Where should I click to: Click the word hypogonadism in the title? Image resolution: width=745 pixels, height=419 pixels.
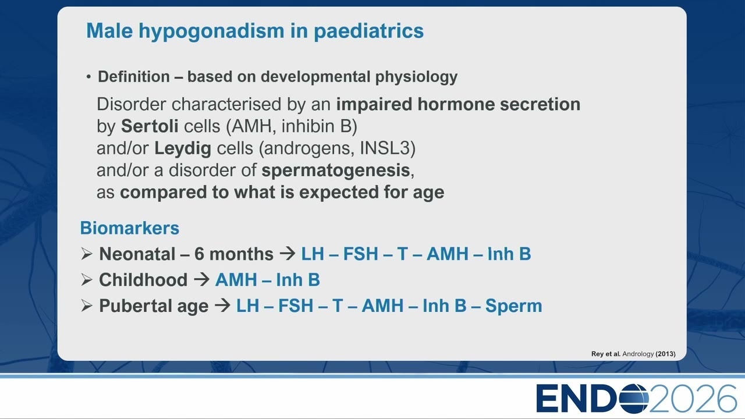click(211, 31)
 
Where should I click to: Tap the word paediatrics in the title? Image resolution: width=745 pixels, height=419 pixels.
click(368, 31)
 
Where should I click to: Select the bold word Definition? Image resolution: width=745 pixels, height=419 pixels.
click(134, 76)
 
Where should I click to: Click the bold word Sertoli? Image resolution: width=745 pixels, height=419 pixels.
click(150, 126)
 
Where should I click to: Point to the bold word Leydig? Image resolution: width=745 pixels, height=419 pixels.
click(183, 148)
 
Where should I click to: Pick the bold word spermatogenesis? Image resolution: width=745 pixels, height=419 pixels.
click(336, 171)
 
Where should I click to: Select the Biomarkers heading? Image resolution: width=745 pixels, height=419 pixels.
click(130, 228)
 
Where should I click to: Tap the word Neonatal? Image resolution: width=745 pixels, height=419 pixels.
click(136, 254)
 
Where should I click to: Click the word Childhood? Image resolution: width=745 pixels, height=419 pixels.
click(143, 279)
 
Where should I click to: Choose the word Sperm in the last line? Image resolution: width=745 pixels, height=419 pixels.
click(513, 306)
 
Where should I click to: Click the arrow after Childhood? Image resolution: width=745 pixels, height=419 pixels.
click(201, 280)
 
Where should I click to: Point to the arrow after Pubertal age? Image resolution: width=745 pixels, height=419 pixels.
click(222, 306)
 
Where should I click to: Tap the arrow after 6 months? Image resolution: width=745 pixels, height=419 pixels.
click(288, 254)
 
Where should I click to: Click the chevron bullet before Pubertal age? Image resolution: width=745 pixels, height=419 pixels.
click(87, 306)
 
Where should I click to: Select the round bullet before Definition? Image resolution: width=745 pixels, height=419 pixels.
click(88, 77)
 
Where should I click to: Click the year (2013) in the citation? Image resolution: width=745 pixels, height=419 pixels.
click(665, 354)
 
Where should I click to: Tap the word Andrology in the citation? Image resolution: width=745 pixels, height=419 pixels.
click(638, 354)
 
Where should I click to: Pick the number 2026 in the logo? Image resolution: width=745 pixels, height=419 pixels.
click(693, 398)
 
